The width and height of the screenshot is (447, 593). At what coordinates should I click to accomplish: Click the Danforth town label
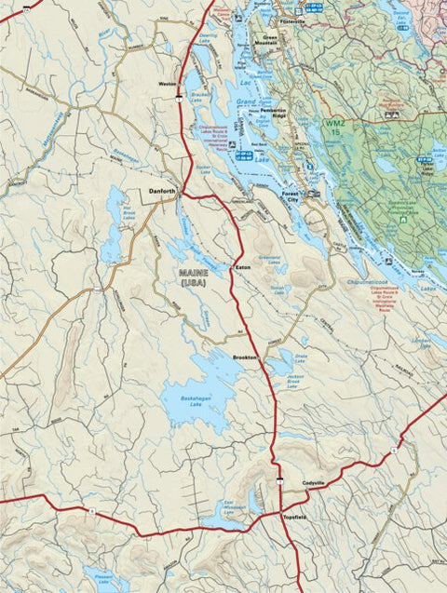click(x=162, y=192)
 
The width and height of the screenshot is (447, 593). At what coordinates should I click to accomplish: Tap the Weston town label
click(x=168, y=84)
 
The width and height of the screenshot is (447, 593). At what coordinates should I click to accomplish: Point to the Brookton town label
click(x=245, y=357)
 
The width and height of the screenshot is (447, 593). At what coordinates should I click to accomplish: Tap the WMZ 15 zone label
click(x=332, y=127)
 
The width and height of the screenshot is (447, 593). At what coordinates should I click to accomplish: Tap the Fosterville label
click(x=291, y=20)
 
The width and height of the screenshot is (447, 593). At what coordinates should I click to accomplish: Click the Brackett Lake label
click(x=197, y=95)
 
